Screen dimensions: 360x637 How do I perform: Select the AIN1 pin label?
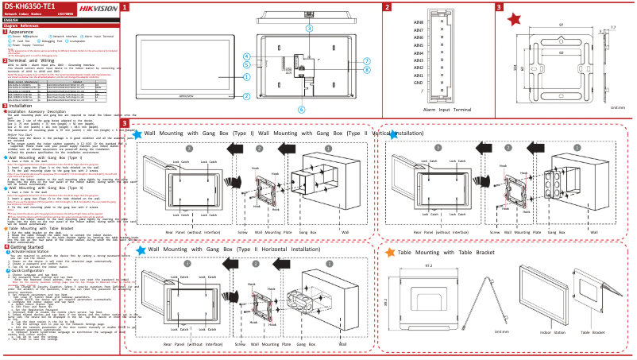418,75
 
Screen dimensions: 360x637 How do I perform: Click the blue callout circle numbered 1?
247,77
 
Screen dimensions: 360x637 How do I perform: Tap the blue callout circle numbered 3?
309,27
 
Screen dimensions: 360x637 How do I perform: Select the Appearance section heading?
25,31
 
